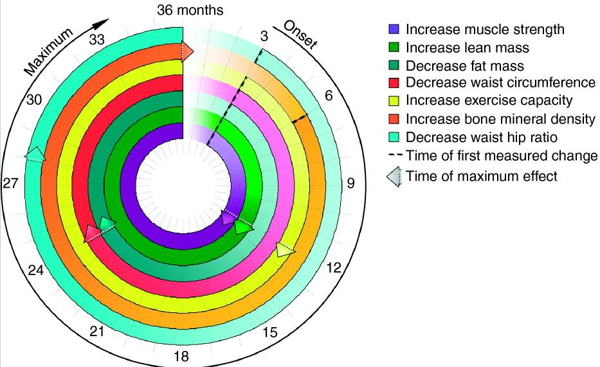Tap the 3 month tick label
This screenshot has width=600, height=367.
click(264, 37)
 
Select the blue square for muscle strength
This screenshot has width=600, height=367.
click(394, 30)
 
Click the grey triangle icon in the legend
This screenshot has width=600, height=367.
click(394, 176)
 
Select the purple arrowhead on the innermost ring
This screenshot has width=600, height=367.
click(228, 218)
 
